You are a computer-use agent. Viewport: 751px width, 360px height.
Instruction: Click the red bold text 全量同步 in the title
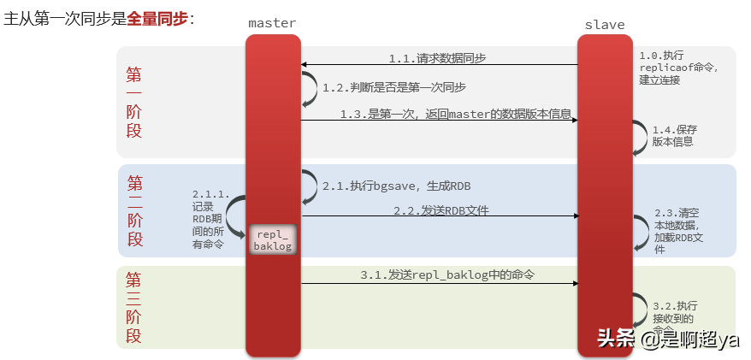point(157,18)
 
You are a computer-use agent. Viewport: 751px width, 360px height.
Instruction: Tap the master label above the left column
point(272,24)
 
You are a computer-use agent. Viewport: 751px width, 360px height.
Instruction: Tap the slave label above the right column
point(604,24)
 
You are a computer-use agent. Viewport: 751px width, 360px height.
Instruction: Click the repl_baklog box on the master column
point(273,239)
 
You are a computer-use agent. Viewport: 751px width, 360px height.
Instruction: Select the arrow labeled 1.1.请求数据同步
point(439,65)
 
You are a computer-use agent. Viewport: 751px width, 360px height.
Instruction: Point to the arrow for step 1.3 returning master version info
point(439,120)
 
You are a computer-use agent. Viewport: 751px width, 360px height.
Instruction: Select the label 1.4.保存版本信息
point(673,135)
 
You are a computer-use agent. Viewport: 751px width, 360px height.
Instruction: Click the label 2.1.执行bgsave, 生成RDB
point(396,186)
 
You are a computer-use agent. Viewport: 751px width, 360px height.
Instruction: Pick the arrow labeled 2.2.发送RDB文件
point(439,216)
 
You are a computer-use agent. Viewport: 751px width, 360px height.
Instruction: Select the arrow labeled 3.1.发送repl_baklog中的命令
point(439,283)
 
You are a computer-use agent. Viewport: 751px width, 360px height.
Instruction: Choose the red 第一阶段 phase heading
point(134,102)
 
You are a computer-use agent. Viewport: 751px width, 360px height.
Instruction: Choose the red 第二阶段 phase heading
point(135,210)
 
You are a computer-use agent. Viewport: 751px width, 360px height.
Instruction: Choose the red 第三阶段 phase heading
point(133,307)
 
